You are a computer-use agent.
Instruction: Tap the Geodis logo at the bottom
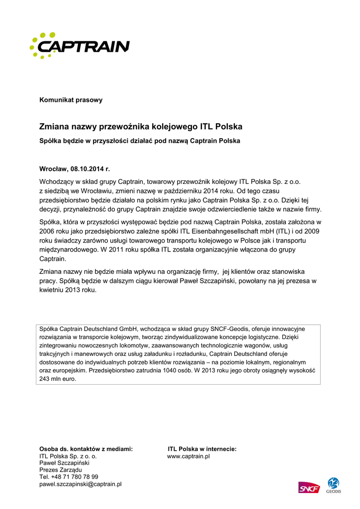pos(333,486)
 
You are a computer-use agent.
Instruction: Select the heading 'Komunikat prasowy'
pos(71,100)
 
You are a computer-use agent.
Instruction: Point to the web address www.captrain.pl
pos(188,456)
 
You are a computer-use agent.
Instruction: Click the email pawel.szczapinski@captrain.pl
pos(81,484)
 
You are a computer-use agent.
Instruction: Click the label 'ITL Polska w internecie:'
pos(202,449)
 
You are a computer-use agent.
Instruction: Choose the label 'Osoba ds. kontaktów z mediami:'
pos(86,449)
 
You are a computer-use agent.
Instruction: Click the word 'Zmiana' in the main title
pos(55,127)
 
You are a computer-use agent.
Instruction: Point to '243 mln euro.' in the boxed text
pos(58,379)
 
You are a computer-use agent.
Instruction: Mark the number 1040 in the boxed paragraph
pos(188,371)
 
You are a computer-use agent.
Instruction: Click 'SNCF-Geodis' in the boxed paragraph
pos(228,329)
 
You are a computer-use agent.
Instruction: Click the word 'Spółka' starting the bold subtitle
pos(50,141)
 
